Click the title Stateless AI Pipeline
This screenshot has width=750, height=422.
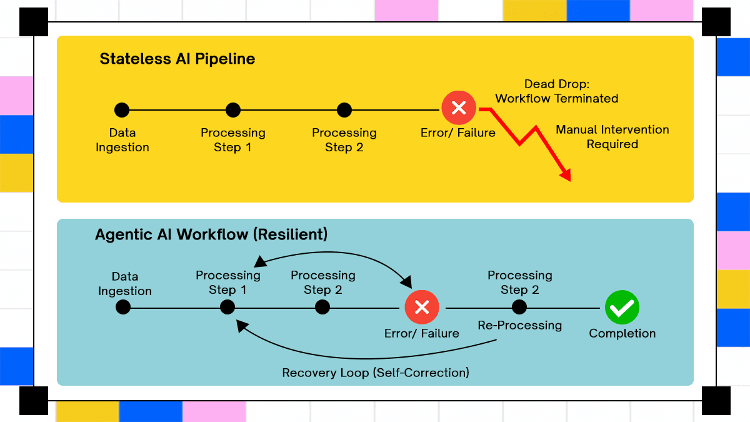pos(177,59)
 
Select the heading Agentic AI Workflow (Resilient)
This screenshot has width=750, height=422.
pos(211,234)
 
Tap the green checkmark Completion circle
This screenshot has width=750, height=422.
pos(622,307)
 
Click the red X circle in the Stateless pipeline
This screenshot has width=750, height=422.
pos(459,108)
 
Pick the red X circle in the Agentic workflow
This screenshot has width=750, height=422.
pos(422,307)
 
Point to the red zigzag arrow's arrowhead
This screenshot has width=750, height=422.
pos(566,175)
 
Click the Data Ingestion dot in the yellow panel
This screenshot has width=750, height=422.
pos(122,110)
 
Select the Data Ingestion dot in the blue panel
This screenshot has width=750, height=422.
pos(123,307)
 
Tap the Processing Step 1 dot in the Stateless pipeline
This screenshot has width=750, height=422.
pos(233,110)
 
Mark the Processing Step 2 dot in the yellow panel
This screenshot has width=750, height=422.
pos(344,110)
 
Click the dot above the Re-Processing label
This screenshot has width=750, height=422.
pos(519,307)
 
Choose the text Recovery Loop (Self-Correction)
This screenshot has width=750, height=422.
pos(376,373)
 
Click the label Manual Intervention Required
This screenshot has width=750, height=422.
pos(612,137)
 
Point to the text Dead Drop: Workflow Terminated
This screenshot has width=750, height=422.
pos(557,91)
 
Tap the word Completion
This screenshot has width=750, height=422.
pos(622,334)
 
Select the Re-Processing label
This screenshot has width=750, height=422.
pos(519,325)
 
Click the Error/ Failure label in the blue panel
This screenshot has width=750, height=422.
pos(421,334)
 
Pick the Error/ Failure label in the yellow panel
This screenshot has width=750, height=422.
pos(458,133)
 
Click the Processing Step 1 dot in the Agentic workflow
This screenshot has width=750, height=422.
pos(227,307)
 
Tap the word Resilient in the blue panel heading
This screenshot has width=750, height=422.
pos(290,234)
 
